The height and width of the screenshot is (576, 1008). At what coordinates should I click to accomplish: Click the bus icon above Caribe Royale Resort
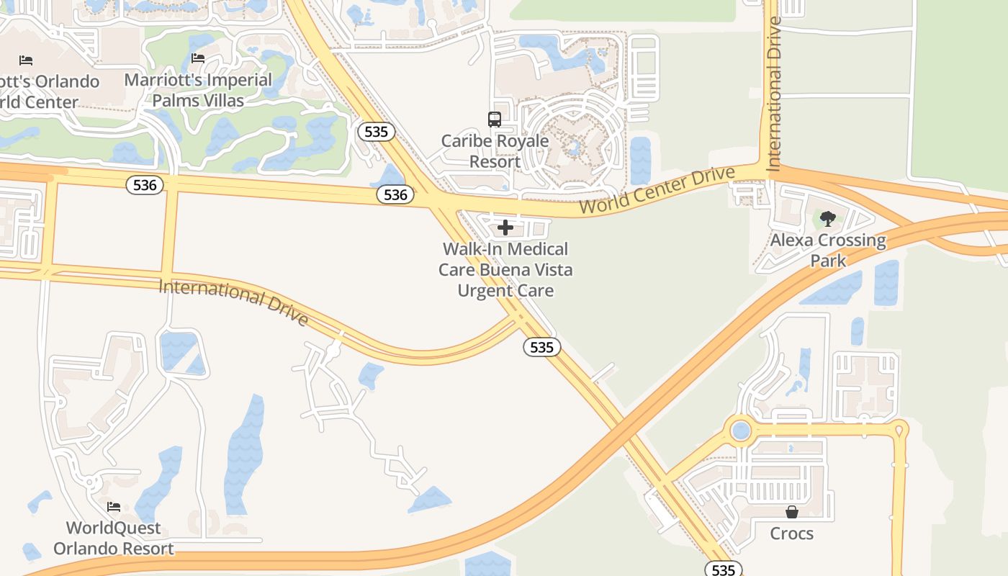[x=495, y=120]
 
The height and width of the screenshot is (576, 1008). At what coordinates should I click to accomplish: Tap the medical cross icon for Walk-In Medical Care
[x=505, y=228]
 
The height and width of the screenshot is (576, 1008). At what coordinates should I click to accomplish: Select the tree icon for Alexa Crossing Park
[x=827, y=219]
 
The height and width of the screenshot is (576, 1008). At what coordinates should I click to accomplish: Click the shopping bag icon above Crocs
[x=792, y=512]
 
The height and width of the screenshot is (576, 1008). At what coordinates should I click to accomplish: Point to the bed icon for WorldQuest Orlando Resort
[x=113, y=507]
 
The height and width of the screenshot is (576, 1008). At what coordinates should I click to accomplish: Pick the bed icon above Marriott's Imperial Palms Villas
[x=198, y=58]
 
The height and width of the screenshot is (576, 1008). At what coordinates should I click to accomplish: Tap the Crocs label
[x=792, y=534]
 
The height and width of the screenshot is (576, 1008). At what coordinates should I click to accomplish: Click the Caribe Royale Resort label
[x=495, y=151]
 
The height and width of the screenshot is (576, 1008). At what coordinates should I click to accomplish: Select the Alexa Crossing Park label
[x=828, y=250]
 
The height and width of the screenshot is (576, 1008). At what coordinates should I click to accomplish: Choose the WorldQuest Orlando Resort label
[x=114, y=539]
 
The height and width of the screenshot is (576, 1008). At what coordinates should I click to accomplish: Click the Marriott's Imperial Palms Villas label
[x=198, y=90]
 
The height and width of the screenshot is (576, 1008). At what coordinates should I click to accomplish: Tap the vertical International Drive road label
[x=774, y=94]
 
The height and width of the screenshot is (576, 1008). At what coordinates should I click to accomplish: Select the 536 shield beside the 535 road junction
[x=395, y=194]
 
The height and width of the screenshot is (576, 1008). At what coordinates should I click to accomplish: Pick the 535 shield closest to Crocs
[x=723, y=570]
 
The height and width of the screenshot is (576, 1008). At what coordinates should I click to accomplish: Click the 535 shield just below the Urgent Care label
[x=541, y=347]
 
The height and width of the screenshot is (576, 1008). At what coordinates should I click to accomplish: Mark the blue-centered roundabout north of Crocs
[x=740, y=431]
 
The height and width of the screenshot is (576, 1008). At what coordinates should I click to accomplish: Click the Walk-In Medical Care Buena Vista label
[x=506, y=270]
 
